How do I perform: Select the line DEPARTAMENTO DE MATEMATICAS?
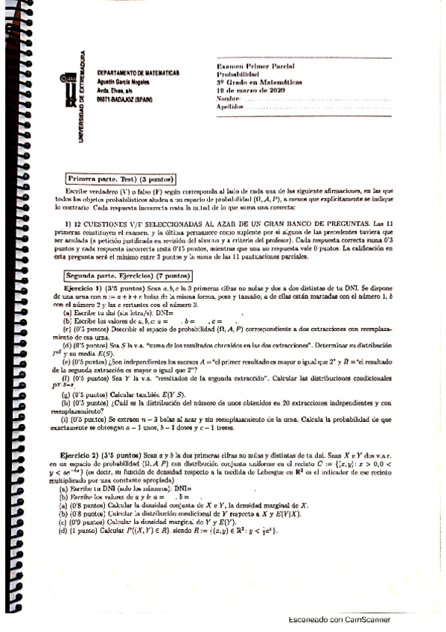click(x=138, y=74)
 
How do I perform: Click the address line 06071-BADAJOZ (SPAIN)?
click(x=125, y=98)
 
